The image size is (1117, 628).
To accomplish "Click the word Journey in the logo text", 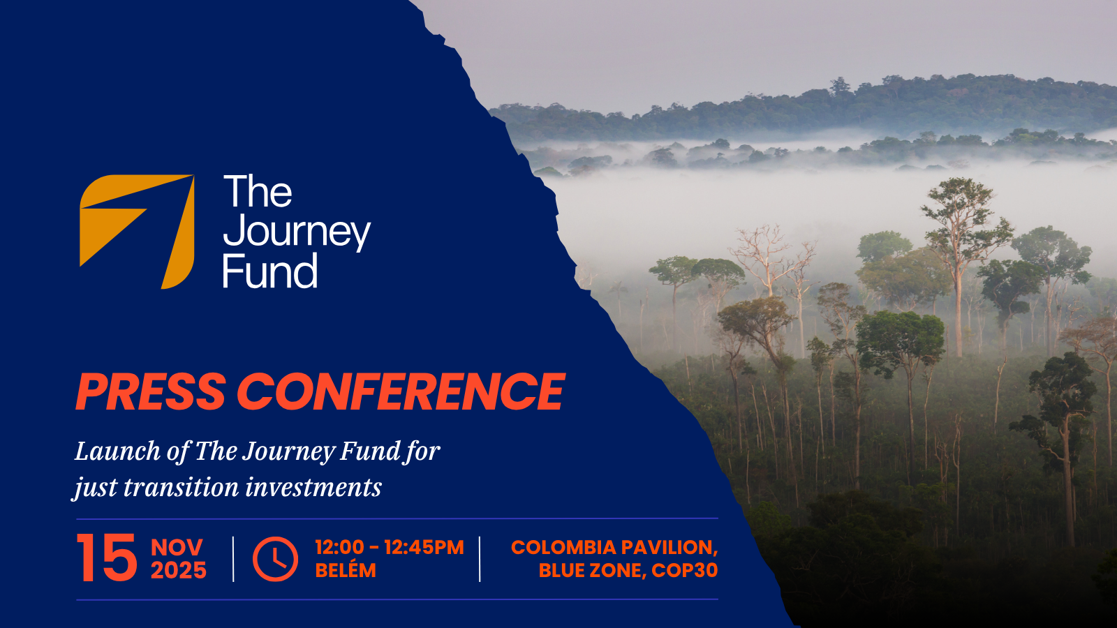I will [296, 232].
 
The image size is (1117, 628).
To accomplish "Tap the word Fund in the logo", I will [269, 272].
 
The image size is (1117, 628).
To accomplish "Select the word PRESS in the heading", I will [151, 391].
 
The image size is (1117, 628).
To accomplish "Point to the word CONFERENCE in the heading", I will [401, 391].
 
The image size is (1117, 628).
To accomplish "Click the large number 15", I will [107, 558].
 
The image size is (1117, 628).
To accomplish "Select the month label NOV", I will [177, 547].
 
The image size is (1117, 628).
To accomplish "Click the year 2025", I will [179, 571].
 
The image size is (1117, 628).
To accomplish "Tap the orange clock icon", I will [275, 559].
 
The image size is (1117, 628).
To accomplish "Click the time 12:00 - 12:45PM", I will [389, 547].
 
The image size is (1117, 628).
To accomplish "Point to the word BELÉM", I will [345, 570].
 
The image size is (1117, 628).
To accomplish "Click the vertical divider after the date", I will [233, 559].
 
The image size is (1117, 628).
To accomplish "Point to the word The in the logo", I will [258, 192].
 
